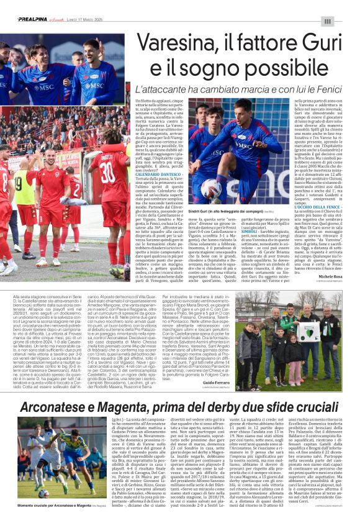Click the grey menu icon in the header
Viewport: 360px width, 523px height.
[x=345, y=20]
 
